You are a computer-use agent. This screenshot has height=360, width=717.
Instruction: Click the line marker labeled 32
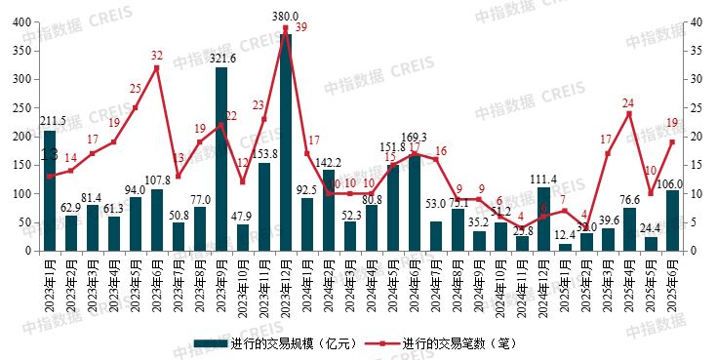pyautogui.click(x=157, y=67)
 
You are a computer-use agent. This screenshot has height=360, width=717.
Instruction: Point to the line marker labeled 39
pyautogui.click(x=286, y=28)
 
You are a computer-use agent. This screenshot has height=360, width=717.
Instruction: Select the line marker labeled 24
pyautogui.click(x=629, y=113)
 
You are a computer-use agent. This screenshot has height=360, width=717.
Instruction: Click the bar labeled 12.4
pyautogui.click(x=565, y=247)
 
